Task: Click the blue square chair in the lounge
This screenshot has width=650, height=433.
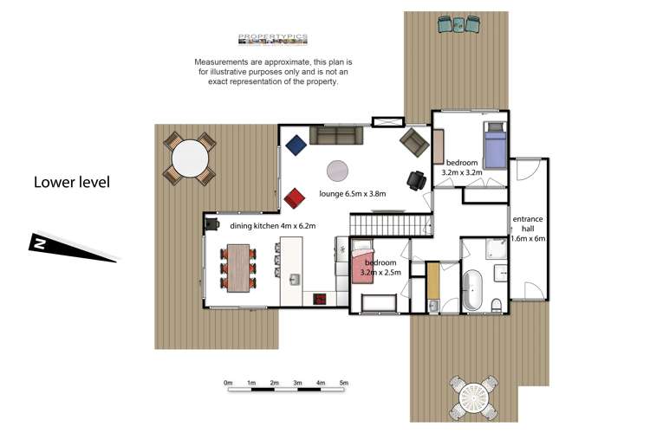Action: point(296,145)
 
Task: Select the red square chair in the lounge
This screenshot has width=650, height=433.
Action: point(295,198)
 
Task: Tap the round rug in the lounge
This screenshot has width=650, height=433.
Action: point(337,171)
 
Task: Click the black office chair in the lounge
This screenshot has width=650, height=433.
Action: point(417,180)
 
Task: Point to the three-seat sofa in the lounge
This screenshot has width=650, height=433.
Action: point(336,135)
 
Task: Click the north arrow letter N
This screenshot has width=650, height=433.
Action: point(39,243)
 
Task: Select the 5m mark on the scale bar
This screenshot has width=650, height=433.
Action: point(344,383)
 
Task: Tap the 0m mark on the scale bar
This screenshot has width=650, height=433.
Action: point(228,383)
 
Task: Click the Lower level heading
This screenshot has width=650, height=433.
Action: point(72,183)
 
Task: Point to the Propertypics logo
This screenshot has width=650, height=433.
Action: point(273,39)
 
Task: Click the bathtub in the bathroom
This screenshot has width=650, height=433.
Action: point(472,290)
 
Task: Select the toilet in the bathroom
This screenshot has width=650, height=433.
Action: point(497,306)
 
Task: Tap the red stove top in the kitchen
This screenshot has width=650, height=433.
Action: point(319,299)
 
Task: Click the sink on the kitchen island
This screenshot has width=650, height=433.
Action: point(295,280)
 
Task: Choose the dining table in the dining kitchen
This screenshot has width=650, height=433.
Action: point(238,268)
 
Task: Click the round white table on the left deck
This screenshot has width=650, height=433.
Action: point(190,158)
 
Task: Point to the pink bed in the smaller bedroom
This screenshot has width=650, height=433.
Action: point(363,262)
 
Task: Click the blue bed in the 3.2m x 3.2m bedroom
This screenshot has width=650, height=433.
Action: point(496,145)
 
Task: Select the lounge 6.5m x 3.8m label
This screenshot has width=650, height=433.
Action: point(353,193)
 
